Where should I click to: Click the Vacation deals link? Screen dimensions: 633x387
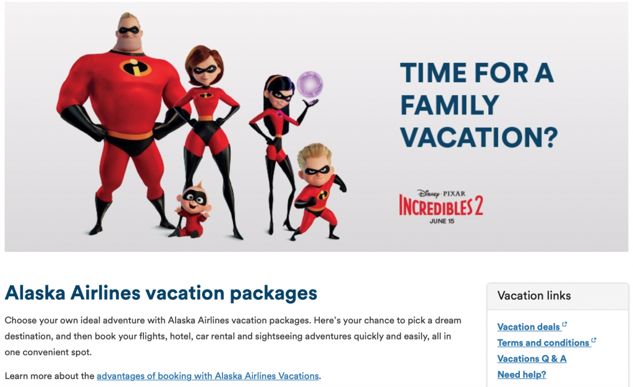click(529, 327)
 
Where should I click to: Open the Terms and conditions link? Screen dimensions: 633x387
click(543, 343)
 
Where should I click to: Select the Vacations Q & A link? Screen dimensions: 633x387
click(532, 359)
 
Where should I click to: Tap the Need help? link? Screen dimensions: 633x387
click(522, 375)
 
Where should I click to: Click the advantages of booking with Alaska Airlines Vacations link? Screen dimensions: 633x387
click(208, 376)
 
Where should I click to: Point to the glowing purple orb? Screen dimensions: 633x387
click(310, 85)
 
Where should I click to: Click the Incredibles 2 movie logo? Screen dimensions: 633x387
click(441, 206)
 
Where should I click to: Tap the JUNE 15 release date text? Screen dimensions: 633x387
click(441, 221)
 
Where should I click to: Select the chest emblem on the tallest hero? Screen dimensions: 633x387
click(135, 67)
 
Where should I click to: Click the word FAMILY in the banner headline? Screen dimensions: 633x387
click(449, 105)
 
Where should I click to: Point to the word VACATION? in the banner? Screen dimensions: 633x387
click(479, 137)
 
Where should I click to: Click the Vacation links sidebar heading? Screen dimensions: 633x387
click(533, 296)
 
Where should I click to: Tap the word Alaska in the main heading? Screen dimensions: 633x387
click(35, 293)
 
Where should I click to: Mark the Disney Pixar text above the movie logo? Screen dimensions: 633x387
click(441, 194)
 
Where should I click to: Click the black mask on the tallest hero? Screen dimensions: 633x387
click(129, 30)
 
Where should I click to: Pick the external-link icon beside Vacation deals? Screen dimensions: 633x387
click(564, 324)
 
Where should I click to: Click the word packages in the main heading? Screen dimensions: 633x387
click(273, 294)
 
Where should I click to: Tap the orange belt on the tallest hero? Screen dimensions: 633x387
click(130, 135)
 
